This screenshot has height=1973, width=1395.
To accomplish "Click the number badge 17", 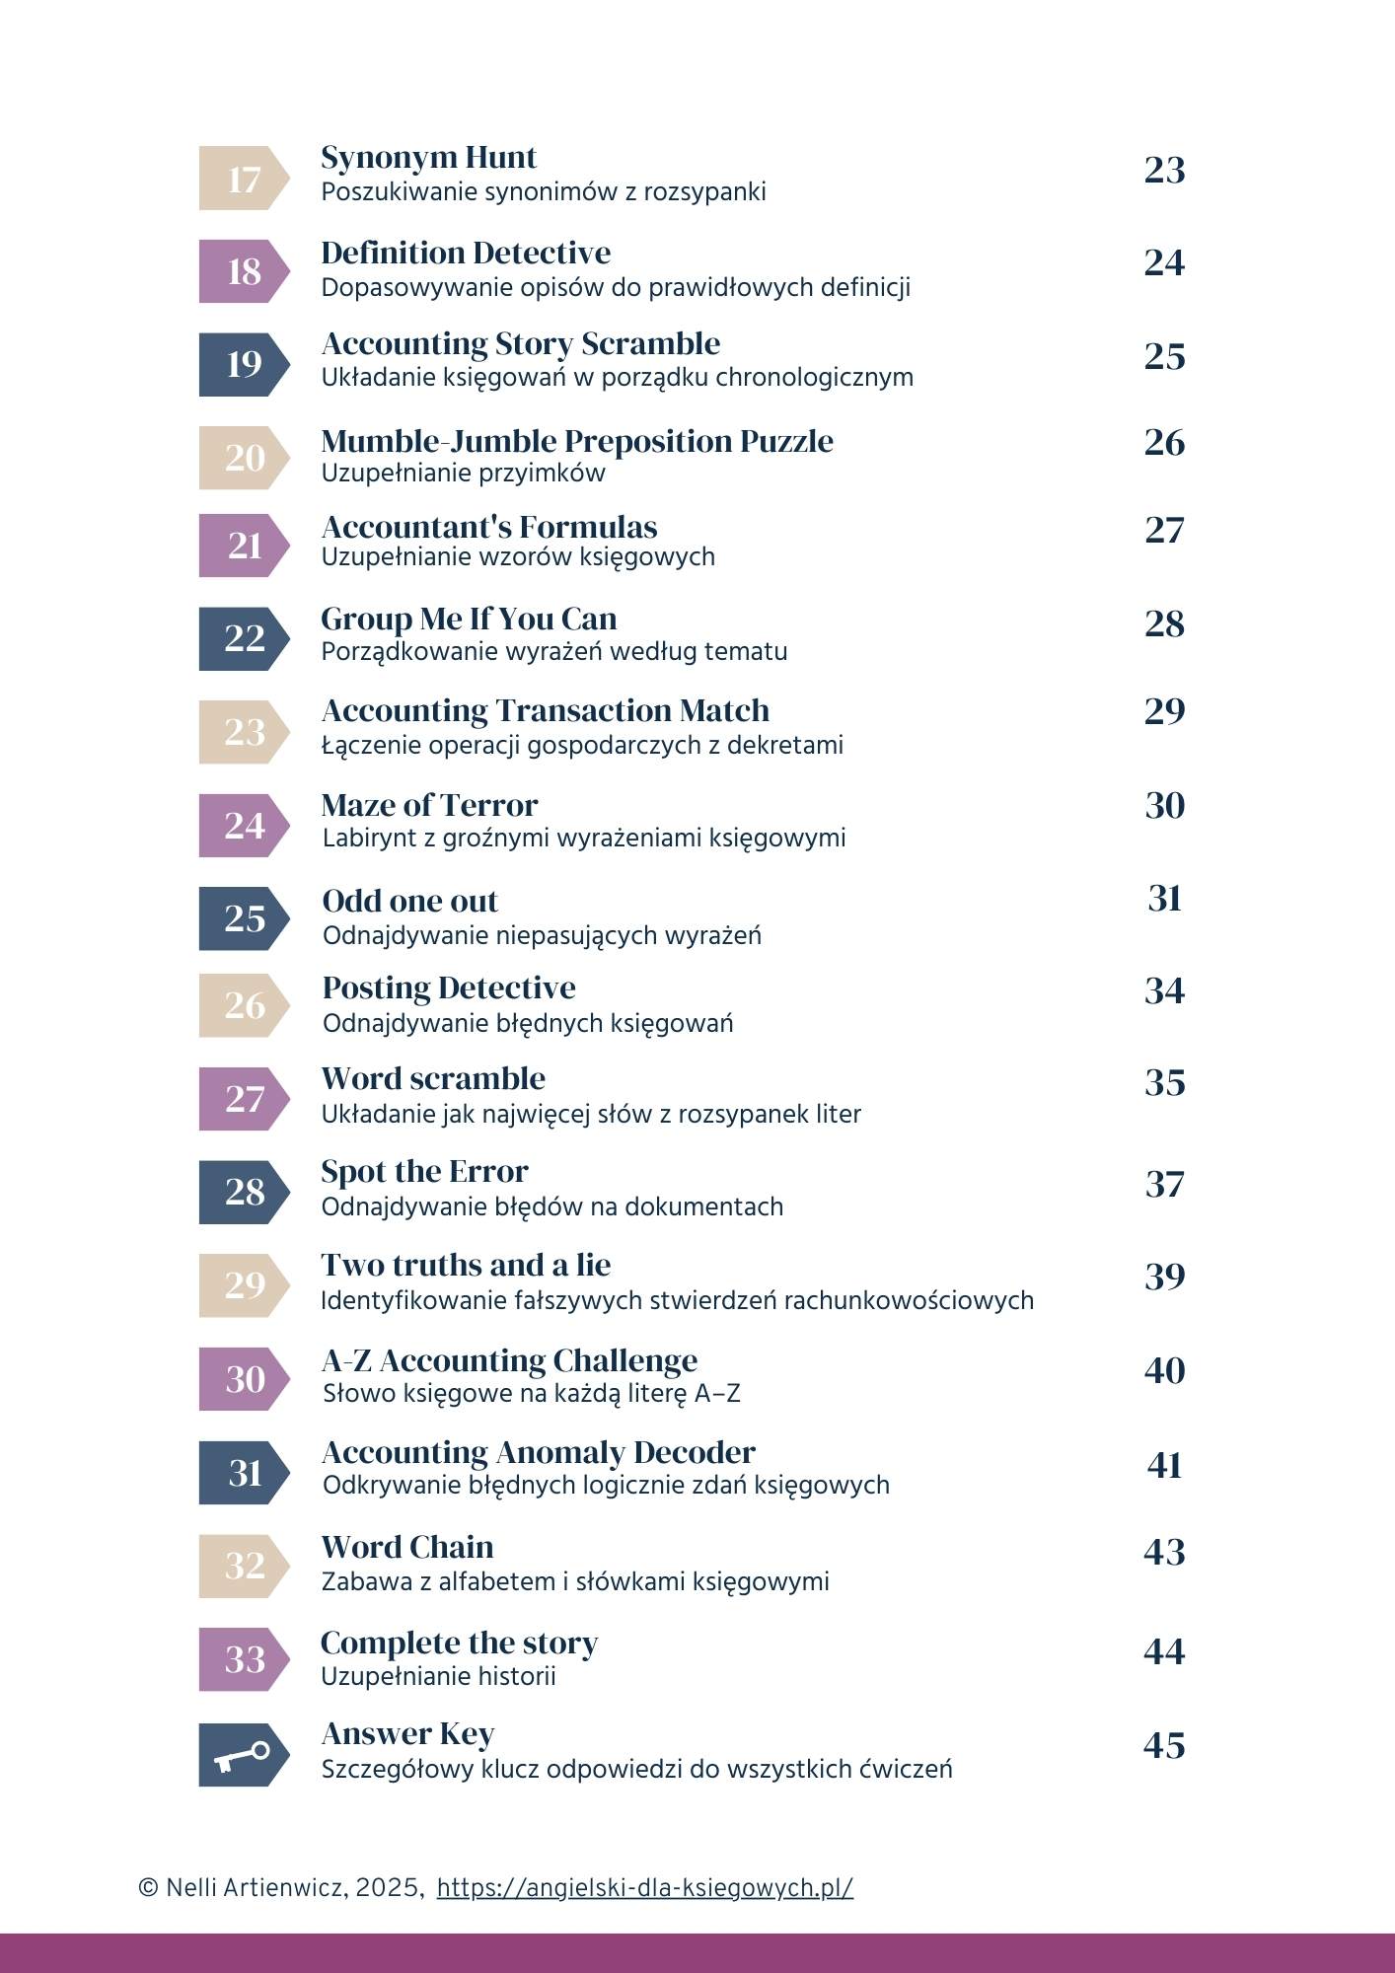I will tap(243, 179).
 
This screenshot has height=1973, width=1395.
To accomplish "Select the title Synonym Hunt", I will tap(428, 158).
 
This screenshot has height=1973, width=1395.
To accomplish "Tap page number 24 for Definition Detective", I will tap(1164, 262).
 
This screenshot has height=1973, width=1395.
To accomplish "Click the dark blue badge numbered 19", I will tap(243, 364).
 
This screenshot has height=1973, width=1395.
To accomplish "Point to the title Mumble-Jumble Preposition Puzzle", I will tap(576, 441).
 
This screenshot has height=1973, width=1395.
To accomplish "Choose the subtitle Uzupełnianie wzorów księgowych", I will tap(518, 557).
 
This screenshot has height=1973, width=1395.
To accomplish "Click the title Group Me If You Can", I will tap(469, 619).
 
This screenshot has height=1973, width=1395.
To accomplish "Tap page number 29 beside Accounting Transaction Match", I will tap(1164, 710).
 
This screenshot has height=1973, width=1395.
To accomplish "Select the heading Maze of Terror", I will tap(429, 805).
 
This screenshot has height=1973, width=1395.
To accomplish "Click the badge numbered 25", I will tap(243, 918).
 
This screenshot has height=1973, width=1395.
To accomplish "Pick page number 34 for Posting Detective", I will tap(1164, 990).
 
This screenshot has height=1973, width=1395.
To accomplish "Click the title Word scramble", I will tap(433, 1078).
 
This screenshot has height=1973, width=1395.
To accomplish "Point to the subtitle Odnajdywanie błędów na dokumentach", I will tap(551, 1206).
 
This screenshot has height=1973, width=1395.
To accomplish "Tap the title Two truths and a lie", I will tap(466, 1265).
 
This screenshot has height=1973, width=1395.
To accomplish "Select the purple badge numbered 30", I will tap(243, 1378).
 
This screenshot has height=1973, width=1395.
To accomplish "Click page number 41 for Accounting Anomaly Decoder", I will tap(1164, 1465).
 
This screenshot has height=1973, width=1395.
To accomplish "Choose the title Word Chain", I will tap(406, 1547).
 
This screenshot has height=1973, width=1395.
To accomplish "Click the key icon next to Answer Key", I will tap(243, 1755).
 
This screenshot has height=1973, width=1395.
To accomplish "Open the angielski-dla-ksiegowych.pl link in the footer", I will tap(644, 1887).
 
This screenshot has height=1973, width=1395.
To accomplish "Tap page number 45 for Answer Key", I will tap(1164, 1745).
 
